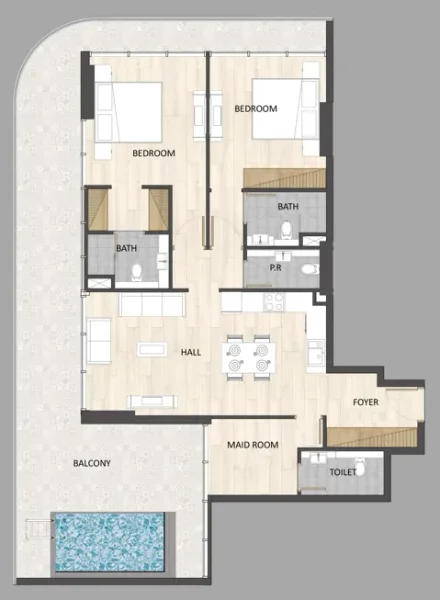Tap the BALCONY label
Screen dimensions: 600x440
(91, 464)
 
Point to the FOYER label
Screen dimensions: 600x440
(365, 402)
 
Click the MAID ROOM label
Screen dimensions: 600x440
(252, 444)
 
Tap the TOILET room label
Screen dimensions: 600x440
(329, 470)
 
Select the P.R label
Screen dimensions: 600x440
(281, 268)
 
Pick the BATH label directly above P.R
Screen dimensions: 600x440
(288, 207)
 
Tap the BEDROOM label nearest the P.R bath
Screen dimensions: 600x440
(255, 108)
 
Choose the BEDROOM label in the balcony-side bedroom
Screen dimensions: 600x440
(154, 154)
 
